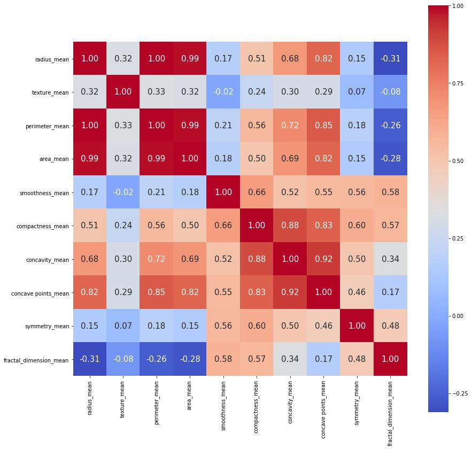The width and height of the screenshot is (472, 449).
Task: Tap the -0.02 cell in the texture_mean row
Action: (223, 92)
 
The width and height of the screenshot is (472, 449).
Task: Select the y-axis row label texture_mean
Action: (51, 92)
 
